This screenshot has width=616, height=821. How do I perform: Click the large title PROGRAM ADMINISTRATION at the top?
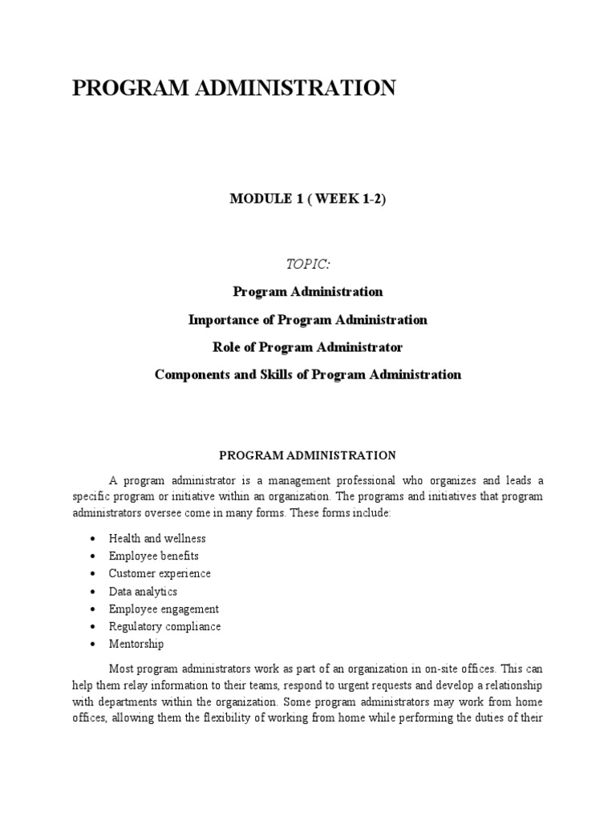point(233,88)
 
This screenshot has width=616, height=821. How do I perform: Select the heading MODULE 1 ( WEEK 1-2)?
point(307,200)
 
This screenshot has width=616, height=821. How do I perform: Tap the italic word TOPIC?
point(307,265)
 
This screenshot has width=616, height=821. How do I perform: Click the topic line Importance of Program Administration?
point(307,320)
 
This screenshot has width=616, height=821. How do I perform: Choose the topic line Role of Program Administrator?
point(307,347)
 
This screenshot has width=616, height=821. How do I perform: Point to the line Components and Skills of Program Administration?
point(307,374)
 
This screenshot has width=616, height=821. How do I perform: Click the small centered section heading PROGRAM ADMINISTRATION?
point(307,455)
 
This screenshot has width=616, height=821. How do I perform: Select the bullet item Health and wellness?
point(157,538)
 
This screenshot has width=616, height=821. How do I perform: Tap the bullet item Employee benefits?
point(154,556)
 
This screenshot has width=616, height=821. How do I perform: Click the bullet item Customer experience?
point(160,573)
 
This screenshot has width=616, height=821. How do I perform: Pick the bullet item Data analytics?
point(143,591)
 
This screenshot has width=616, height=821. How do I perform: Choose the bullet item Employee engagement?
point(164,609)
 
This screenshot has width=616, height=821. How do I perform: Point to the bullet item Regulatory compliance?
point(164,626)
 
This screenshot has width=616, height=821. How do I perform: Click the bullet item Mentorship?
point(136,644)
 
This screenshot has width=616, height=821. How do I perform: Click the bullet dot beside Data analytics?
point(94,592)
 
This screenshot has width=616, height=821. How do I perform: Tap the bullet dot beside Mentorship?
point(94,645)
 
